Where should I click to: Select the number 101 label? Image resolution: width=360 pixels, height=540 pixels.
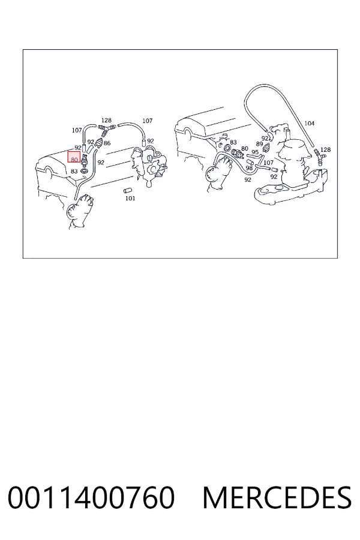130,198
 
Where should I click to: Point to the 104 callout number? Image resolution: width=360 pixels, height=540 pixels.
310,123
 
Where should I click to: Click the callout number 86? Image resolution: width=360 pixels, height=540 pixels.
107,143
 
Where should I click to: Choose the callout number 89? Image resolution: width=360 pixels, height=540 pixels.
259,144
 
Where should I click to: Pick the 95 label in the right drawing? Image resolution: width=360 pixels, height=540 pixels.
255,152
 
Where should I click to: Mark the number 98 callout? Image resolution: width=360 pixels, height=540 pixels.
249,168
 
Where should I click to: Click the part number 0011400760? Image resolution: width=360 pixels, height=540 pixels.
91,497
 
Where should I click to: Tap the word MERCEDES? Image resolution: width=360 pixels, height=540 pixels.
277,497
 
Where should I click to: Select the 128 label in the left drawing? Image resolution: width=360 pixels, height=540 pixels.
106,120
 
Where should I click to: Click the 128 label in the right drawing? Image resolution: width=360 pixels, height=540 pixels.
325,149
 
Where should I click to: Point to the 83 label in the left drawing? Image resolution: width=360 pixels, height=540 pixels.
74,171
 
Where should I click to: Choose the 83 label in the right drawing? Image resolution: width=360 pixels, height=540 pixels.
233,142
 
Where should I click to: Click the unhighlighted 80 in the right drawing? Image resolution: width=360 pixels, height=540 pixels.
245,148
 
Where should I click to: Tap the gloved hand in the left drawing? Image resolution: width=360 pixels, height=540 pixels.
80,211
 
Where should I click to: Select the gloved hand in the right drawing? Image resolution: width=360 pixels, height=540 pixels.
219,172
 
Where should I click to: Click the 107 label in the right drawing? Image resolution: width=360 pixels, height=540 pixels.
268,162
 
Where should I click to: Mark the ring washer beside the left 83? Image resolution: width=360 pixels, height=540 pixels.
84,170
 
